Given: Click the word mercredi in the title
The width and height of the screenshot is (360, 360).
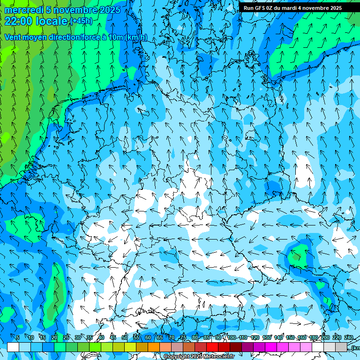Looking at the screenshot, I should tap(24, 10).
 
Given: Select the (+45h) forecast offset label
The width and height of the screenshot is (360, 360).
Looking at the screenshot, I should tap(81, 21).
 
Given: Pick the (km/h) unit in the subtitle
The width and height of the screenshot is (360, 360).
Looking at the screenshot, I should tap(136, 37).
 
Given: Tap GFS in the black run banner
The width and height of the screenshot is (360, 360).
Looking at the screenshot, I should tap(261, 8).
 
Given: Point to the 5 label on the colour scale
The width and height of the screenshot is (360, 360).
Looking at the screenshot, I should tap(18, 337).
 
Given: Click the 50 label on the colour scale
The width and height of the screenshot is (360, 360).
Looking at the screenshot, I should tap(125, 337).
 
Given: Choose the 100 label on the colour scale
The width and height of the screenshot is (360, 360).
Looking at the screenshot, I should tap(232, 337).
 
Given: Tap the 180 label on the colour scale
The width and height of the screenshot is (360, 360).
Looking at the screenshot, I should tap(313, 337).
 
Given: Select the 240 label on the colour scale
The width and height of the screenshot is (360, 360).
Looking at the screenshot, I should tap(349, 337).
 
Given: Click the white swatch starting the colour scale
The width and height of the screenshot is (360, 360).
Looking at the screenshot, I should tap(13, 347).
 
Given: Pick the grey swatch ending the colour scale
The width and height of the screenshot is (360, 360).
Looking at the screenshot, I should tap(341, 347).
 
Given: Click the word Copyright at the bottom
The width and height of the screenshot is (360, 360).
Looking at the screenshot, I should tap(177, 357).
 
